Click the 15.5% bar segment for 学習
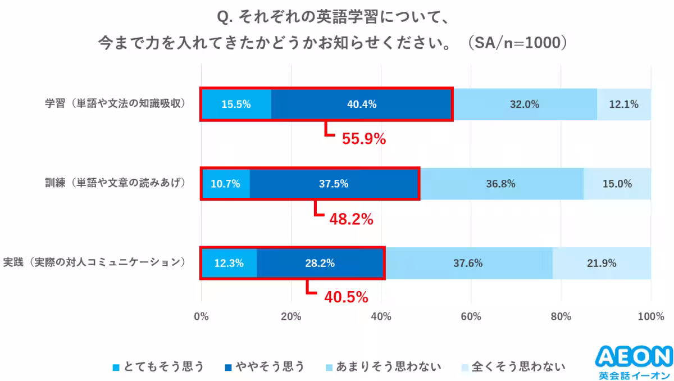pos(236,104)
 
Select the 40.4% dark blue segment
pos(362,104)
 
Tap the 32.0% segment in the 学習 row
pos(525,104)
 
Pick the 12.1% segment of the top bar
pos(624,104)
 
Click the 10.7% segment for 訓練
pos(225,184)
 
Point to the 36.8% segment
pos(501,184)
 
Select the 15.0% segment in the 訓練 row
pos(617,184)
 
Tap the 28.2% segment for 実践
pos(320,263)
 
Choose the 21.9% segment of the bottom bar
pos(602,263)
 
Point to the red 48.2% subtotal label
pos(351,219)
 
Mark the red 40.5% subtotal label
pos(346,296)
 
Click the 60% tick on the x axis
pos(471,317)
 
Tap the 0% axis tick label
pos(201,317)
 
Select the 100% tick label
pos(650,317)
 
